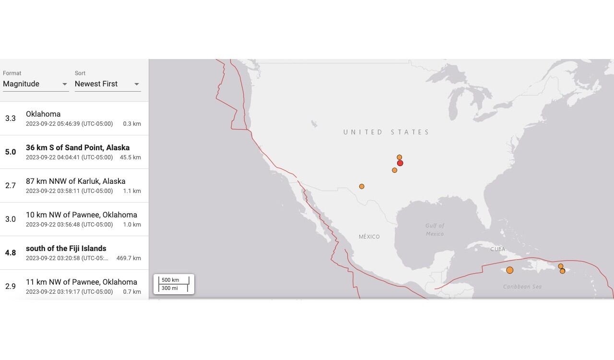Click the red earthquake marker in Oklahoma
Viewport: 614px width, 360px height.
pyautogui.click(x=400, y=163)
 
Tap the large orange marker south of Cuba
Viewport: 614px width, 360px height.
pyautogui.click(x=509, y=270)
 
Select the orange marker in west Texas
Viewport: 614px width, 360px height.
pyautogui.click(x=362, y=186)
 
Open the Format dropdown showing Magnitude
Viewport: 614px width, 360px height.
pyautogui.click(x=35, y=84)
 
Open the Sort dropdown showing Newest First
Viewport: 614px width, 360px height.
pyautogui.click(x=107, y=84)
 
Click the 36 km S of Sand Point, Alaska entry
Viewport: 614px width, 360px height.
pyautogui.click(x=78, y=148)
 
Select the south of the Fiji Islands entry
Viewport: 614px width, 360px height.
pyautogui.click(x=66, y=249)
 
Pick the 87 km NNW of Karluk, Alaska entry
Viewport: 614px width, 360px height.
pyautogui.click(x=76, y=181)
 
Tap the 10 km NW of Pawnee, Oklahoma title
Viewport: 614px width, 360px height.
pyautogui.click(x=82, y=215)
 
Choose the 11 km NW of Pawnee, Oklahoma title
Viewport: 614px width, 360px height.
pyautogui.click(x=82, y=282)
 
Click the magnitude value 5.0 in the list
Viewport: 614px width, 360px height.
pyautogui.click(x=11, y=152)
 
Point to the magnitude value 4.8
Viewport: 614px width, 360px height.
pyautogui.click(x=11, y=253)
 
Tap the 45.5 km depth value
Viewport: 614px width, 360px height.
pyautogui.click(x=130, y=157)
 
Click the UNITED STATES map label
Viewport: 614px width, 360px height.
pyautogui.click(x=387, y=132)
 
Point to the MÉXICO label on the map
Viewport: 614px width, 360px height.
pyautogui.click(x=369, y=237)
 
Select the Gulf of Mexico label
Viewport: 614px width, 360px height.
pyautogui.click(x=435, y=229)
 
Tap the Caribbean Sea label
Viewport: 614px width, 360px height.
pyautogui.click(x=522, y=287)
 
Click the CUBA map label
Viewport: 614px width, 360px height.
pyautogui.click(x=498, y=249)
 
